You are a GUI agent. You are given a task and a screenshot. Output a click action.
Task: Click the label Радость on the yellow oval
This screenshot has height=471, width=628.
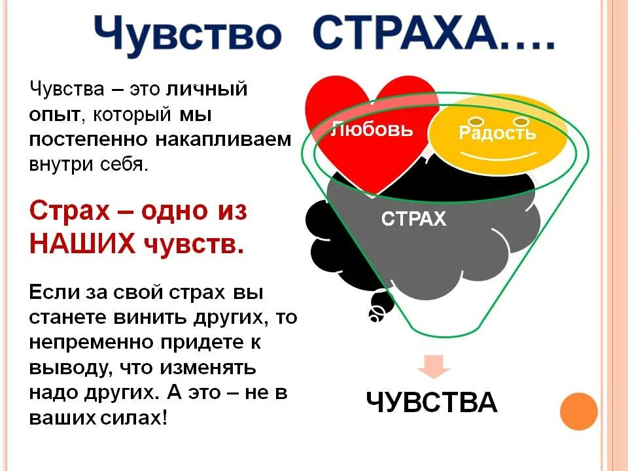click(x=497, y=133)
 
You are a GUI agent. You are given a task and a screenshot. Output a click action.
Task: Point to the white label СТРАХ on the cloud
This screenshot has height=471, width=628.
click(x=413, y=219)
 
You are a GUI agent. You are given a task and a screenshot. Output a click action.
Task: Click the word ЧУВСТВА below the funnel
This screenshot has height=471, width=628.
click(x=432, y=402)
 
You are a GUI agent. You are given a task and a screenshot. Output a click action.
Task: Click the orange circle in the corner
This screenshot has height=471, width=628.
click(x=579, y=411)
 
